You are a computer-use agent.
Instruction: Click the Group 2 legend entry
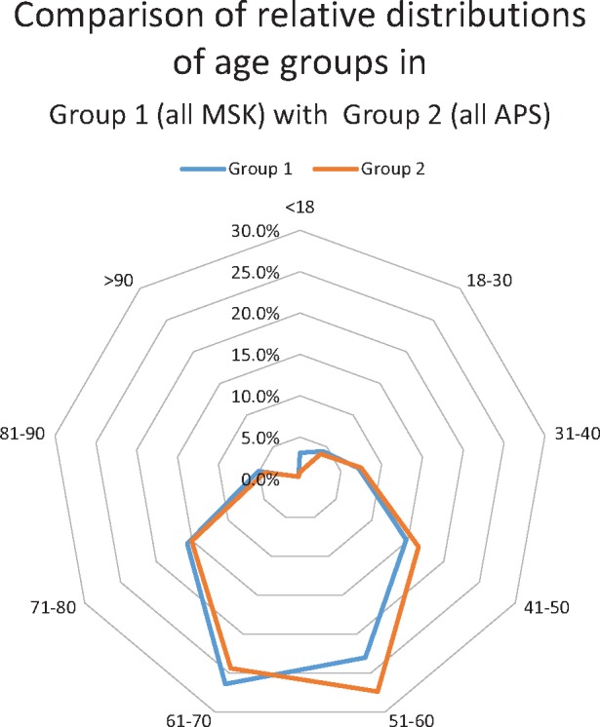375,168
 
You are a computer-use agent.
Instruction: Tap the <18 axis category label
299,208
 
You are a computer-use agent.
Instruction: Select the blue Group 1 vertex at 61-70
225,685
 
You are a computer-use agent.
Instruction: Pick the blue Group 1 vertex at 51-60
366,659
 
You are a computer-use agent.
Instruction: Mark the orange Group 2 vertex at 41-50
419,549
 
